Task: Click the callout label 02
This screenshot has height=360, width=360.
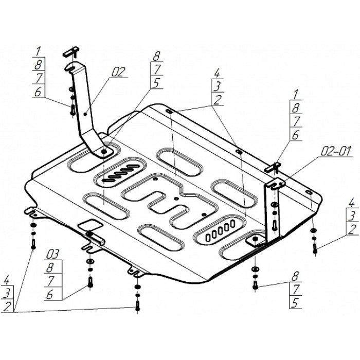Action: pyautogui.click(x=118, y=73)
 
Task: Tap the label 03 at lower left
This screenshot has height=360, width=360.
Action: pyautogui.click(x=52, y=254)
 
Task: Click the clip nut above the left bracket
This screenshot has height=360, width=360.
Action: pyautogui.click(x=70, y=51)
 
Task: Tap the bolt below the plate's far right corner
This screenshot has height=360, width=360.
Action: pyautogui.click(x=314, y=249)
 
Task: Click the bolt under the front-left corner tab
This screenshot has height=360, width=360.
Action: pyautogui.click(x=34, y=244)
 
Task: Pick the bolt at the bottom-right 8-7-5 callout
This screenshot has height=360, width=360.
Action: pyautogui.click(x=255, y=285)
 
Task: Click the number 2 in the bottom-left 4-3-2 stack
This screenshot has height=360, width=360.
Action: pyautogui.click(x=7, y=307)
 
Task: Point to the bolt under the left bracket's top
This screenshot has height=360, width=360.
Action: pyautogui.click(x=72, y=109)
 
